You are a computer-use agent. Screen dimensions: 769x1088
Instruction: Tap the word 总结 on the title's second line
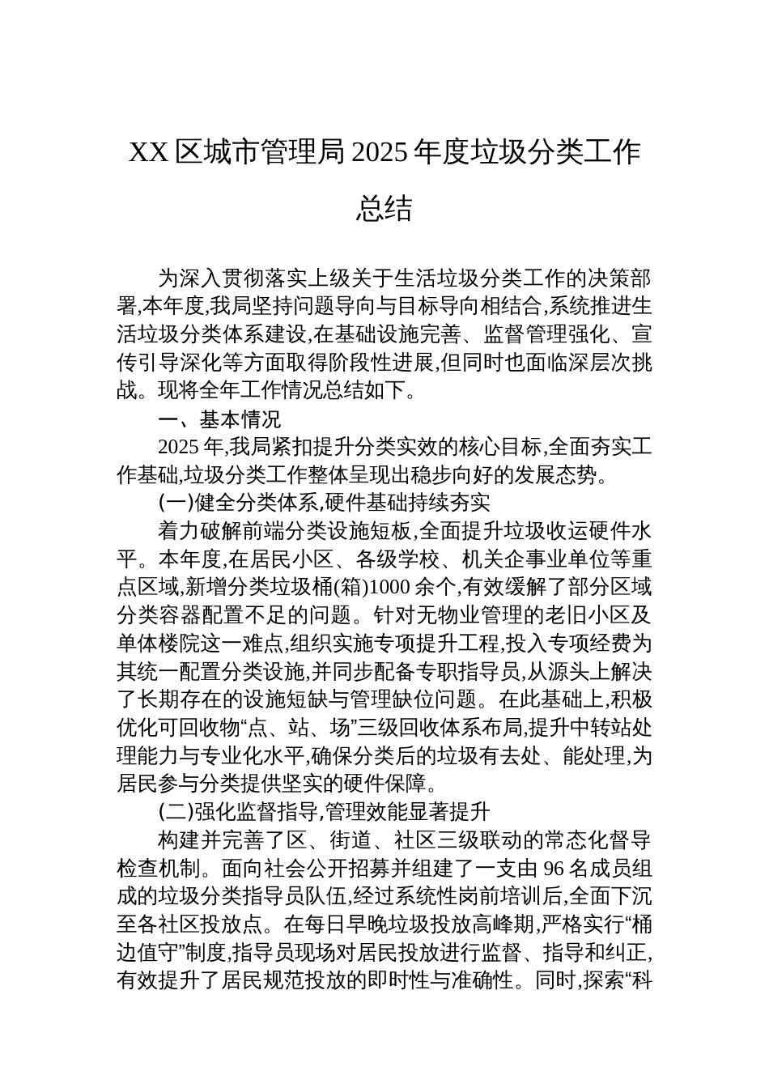click(384, 209)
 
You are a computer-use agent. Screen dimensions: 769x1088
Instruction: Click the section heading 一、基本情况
click(219, 419)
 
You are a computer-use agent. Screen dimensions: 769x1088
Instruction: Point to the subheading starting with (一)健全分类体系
click(324, 503)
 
